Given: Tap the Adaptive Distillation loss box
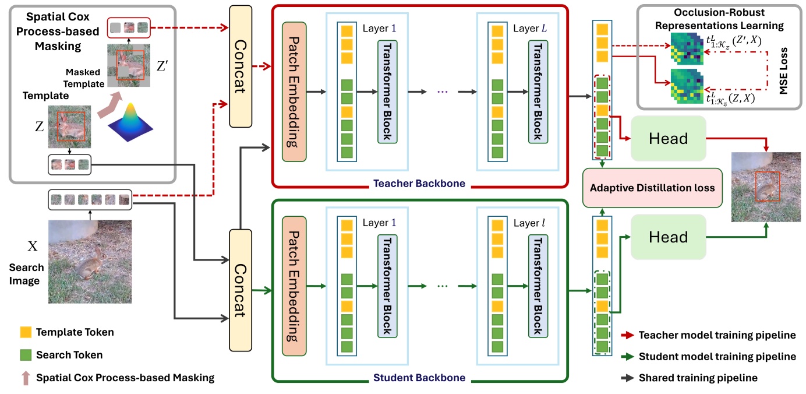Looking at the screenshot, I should (x=652, y=188).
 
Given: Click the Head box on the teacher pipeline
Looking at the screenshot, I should (x=668, y=139).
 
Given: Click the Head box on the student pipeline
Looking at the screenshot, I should (x=668, y=237).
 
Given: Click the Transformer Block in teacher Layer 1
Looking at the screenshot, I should (x=387, y=92).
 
